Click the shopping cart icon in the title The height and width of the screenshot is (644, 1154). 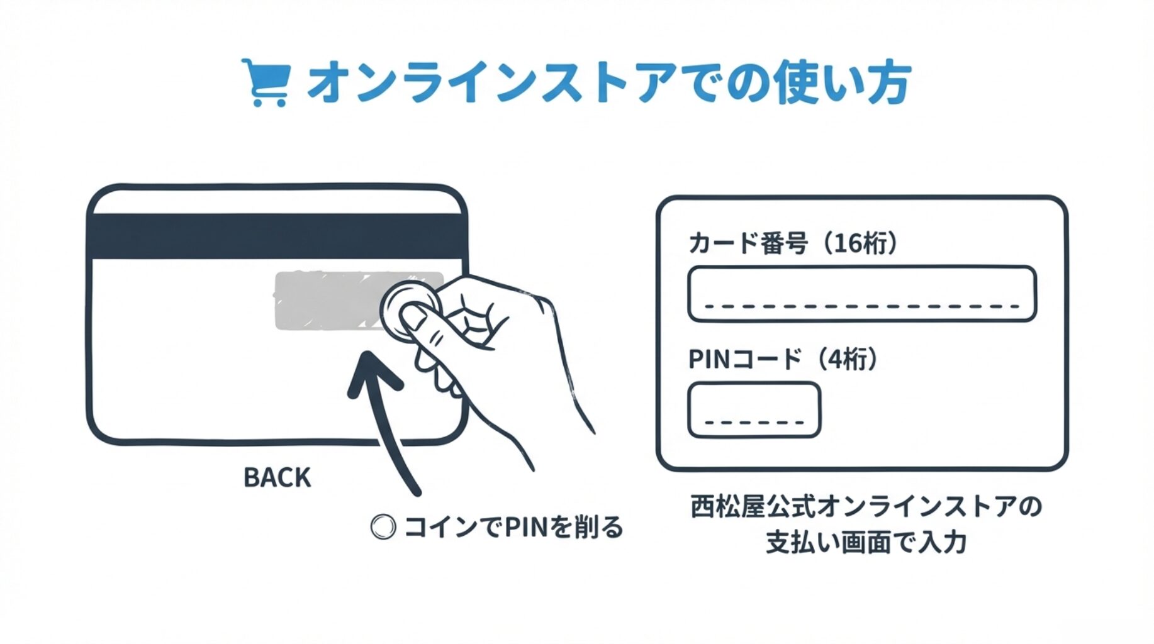pyautogui.click(x=266, y=82)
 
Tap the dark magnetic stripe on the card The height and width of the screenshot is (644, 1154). pyautogui.click(x=277, y=236)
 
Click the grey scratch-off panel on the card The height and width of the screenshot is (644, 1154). pyautogui.click(x=327, y=301)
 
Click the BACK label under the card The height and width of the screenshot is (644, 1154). pyautogui.click(x=277, y=478)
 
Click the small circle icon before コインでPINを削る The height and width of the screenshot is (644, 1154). pyautogui.click(x=383, y=527)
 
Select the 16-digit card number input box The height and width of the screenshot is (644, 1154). pyautogui.click(x=861, y=294)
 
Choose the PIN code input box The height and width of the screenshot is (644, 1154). pyautogui.click(x=754, y=410)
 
